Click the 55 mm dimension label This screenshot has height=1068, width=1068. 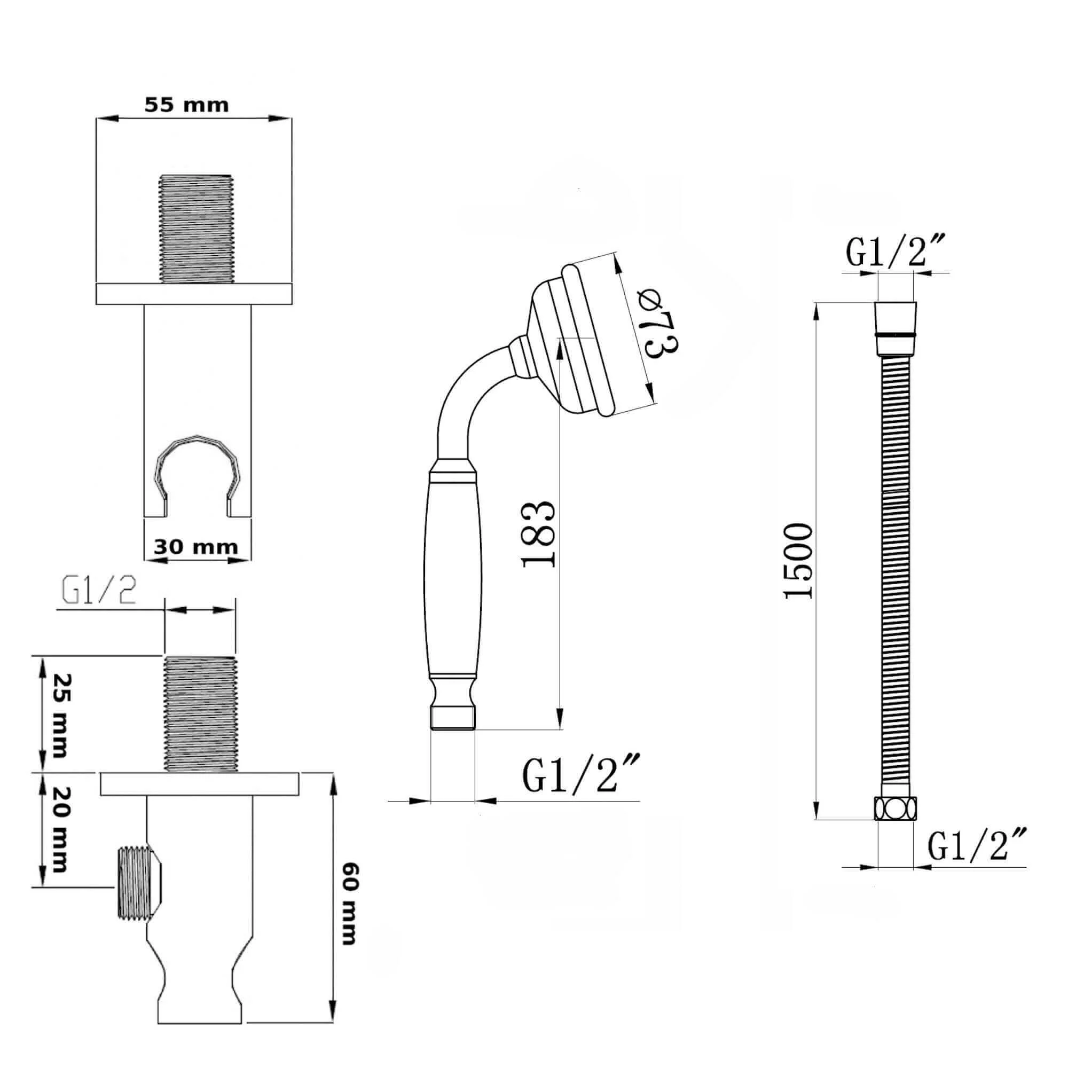pyautogui.click(x=186, y=105)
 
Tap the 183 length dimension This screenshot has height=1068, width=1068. pyautogui.click(x=537, y=535)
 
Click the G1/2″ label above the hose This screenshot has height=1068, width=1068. pyautogui.click(x=893, y=251)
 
